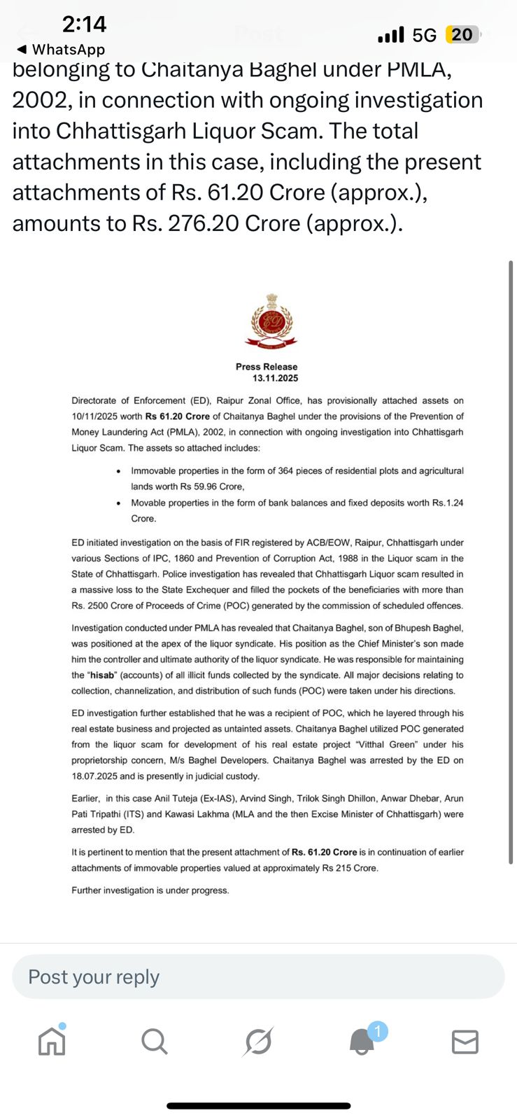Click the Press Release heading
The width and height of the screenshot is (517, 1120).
pyautogui.click(x=267, y=367)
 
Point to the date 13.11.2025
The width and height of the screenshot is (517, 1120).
pyautogui.click(x=275, y=379)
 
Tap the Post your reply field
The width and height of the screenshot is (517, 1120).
pyautogui.click(x=258, y=976)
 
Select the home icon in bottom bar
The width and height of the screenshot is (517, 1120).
pyautogui.click(x=52, y=1041)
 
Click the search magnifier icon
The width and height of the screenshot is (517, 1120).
pyautogui.click(x=155, y=1042)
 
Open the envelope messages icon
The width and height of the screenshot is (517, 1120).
pyautogui.click(x=465, y=1042)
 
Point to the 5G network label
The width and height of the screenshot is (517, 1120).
pyautogui.click(x=424, y=35)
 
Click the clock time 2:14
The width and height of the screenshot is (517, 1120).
pyautogui.click(x=84, y=24)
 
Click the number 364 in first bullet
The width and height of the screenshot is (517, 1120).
pyautogui.click(x=285, y=471)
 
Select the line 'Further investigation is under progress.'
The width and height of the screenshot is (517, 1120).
pyautogui.click(x=150, y=890)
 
